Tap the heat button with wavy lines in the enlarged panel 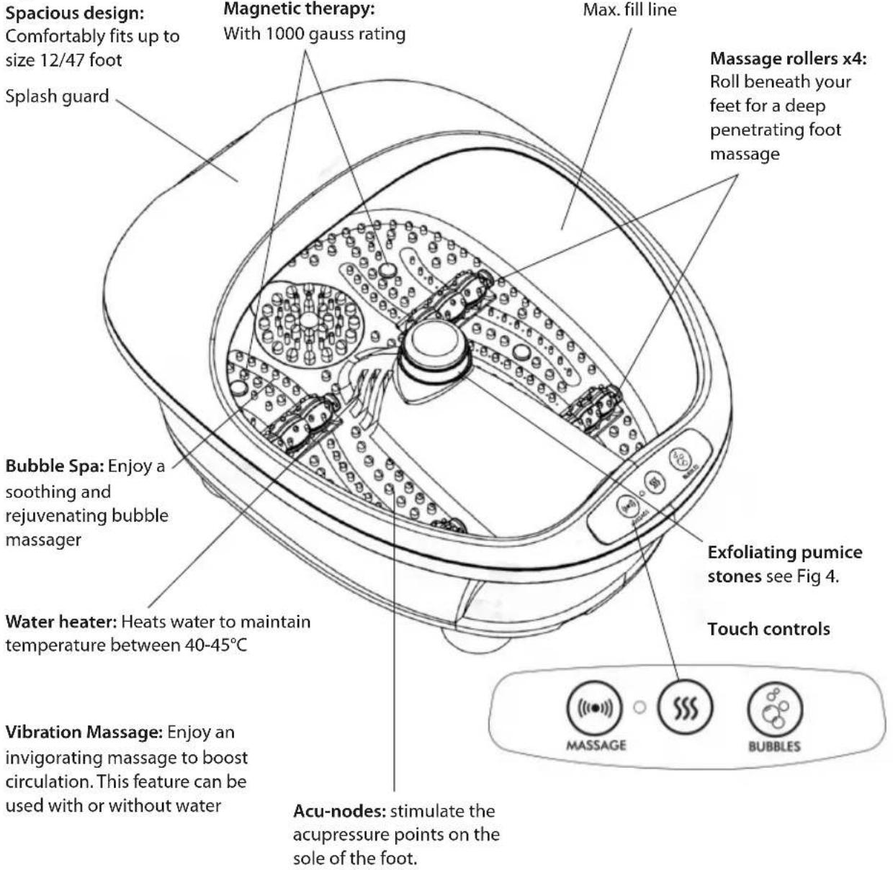tap(685, 707)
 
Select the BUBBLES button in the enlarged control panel tap(775, 709)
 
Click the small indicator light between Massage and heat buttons tap(640, 707)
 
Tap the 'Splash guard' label tap(58, 96)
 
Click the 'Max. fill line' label tap(629, 9)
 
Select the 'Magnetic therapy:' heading tap(299, 9)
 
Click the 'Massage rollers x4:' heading tap(789, 59)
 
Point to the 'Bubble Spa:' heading tap(55, 466)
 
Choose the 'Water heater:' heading tap(61, 622)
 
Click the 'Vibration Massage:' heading tap(84, 732)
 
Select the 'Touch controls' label tap(768, 629)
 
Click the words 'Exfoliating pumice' tap(785, 553)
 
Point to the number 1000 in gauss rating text tap(286, 35)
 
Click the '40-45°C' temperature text tap(216, 645)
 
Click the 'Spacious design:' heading tap(75, 14)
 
